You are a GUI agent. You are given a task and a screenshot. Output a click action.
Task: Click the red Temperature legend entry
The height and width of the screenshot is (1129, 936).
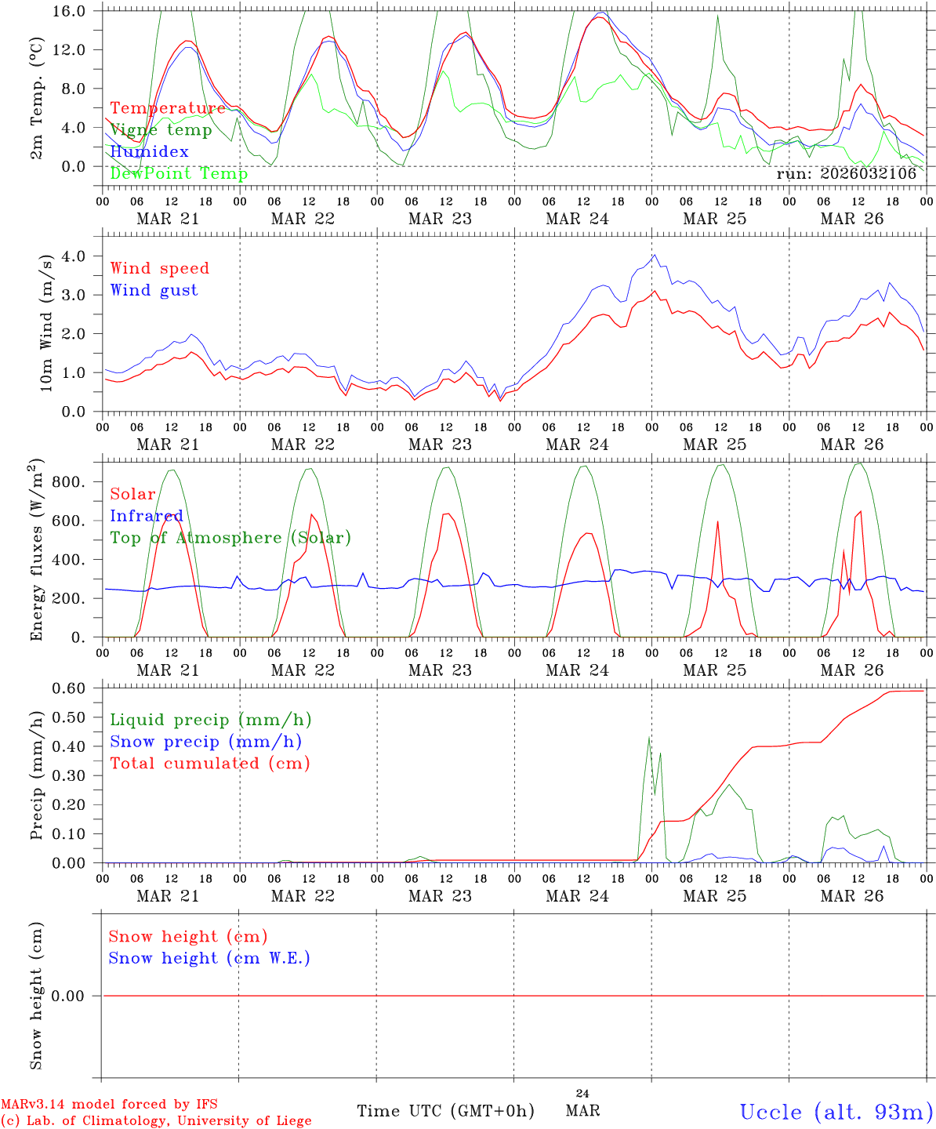pos(167,108)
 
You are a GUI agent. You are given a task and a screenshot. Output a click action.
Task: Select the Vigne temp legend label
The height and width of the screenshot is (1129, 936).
pos(161,130)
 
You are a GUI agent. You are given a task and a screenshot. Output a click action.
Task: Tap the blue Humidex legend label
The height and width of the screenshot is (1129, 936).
pos(149,152)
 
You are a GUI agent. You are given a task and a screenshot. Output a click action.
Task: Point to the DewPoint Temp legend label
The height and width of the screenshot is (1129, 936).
pos(179,174)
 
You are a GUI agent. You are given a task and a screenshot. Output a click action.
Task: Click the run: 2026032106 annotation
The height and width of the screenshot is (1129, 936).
pos(846,174)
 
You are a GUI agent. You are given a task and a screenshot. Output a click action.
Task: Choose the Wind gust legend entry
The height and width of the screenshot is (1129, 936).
pos(154,290)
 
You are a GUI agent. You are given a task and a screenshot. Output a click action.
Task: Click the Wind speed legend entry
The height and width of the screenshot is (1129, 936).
pos(159,268)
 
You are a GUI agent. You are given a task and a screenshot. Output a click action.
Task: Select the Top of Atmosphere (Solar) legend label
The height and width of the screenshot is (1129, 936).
pos(230,538)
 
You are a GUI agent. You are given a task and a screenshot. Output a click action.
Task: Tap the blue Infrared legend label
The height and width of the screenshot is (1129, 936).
pos(146,516)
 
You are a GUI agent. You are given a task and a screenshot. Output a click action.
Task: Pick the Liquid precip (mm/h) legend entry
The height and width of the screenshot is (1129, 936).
pos(210,720)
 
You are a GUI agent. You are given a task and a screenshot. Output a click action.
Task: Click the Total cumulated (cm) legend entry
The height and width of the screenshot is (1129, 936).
pos(209,764)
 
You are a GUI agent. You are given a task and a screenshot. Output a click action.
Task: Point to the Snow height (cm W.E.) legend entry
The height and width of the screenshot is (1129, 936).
pos(209,958)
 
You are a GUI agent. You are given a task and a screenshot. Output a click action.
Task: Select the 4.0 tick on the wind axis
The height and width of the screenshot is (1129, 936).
pos(82,256)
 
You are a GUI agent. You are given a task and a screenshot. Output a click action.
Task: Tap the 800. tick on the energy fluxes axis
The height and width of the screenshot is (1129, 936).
pos(76,482)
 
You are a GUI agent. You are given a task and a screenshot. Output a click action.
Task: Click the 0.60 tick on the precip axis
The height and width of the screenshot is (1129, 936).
pos(78,688)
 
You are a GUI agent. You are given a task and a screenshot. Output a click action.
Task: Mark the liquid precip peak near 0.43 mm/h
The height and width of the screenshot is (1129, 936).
pos(648,738)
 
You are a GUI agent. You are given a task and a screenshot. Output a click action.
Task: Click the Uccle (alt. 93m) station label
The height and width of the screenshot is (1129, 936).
pos(836,1112)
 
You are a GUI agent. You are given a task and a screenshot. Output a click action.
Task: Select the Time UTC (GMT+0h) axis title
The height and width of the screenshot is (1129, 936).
pos(445,1111)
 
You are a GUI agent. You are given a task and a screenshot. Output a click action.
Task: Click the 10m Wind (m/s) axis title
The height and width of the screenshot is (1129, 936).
pos(46,322)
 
